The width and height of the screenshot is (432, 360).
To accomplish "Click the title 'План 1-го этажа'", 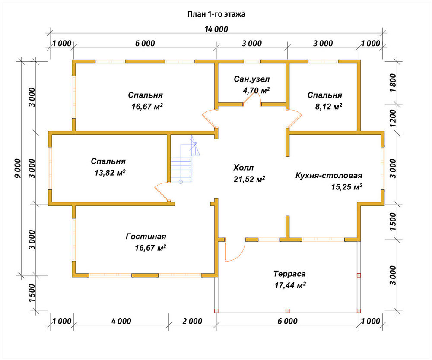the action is point(216,14).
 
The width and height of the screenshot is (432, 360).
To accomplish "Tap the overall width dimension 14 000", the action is point(216,29).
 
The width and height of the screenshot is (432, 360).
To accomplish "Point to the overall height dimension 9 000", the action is point(17,168).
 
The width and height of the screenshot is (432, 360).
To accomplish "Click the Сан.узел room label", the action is point(251,79).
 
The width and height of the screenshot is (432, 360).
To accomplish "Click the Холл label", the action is point(243,167).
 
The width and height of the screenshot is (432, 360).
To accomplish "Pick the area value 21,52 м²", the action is point(249,179).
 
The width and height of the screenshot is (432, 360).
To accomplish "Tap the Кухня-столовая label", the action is point(329,175).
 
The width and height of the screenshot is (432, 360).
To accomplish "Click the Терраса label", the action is point(289,274).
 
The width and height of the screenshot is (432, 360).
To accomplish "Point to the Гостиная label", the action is point(146,237).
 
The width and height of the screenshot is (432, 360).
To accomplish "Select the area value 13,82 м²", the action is point(110,173).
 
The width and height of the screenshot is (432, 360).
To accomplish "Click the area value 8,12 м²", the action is point(329,106).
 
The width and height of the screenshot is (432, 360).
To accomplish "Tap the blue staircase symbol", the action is point(184,162).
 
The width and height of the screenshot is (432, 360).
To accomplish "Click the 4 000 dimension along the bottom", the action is point(121,321).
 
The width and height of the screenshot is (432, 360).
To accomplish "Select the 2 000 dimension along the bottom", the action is point(192,321).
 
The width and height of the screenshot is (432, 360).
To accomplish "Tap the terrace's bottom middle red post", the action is point(287,311).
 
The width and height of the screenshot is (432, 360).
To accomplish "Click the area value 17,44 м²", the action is point(290,285).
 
